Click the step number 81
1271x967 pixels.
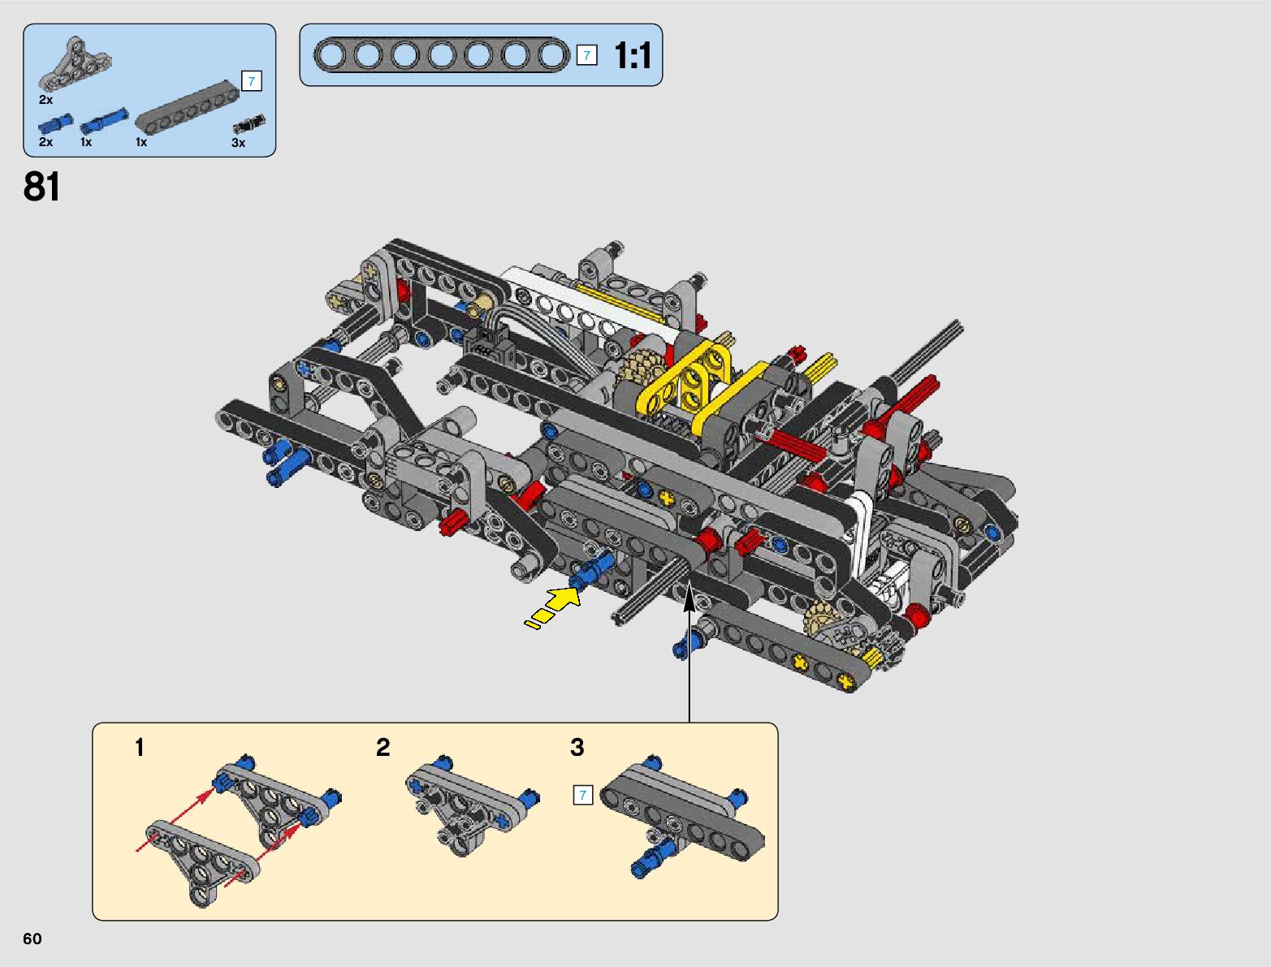click(41, 187)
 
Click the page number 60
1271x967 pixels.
click(32, 939)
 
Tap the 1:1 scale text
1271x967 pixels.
click(633, 55)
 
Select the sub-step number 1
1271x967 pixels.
click(139, 747)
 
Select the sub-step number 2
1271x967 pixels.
click(383, 747)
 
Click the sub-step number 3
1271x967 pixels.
click(577, 747)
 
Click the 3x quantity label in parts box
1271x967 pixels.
click(238, 142)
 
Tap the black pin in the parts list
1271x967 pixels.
click(249, 124)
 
